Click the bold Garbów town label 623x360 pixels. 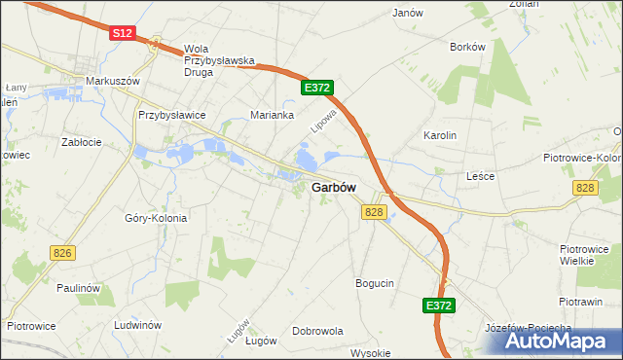[333, 189]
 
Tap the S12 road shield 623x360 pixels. [121, 33]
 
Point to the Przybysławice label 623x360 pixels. [172, 115]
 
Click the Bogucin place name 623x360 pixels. [375, 283]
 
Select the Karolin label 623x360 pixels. [440, 135]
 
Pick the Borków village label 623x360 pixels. [467, 46]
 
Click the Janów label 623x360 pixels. [407, 13]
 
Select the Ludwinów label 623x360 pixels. [137, 325]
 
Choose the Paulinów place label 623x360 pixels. [79, 288]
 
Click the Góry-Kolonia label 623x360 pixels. [156, 218]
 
